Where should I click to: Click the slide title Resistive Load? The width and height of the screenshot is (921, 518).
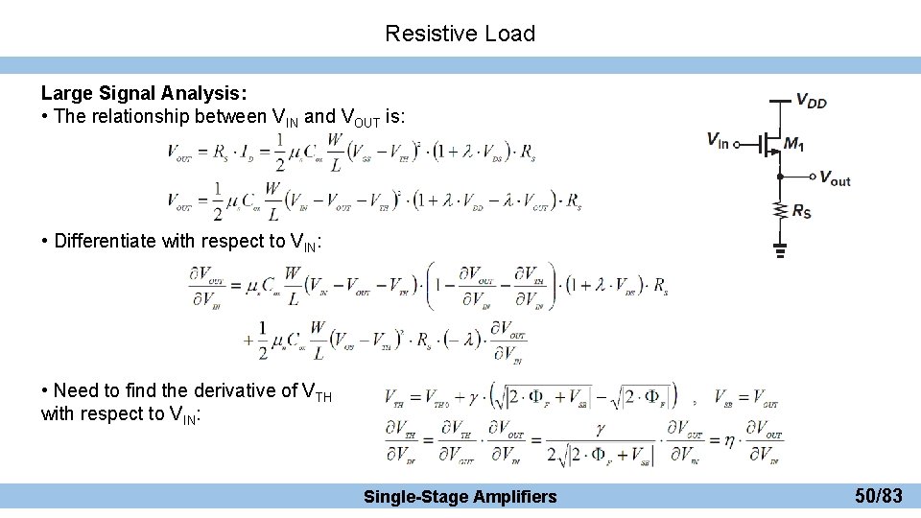click(x=460, y=34)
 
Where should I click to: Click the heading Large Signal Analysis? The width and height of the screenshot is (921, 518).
click(x=144, y=93)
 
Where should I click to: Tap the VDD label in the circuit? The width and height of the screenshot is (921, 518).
click(x=811, y=102)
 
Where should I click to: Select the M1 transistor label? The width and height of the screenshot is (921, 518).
click(x=793, y=144)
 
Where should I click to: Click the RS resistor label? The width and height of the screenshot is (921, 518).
click(x=801, y=211)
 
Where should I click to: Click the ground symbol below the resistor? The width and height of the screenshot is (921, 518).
click(x=780, y=251)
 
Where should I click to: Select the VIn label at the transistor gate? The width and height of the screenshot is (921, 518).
click(x=718, y=140)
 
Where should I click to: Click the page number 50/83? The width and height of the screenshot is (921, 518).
click(x=879, y=496)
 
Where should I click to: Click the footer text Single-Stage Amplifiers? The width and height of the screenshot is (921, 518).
click(x=460, y=496)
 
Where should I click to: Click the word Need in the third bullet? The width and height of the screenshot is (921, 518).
click(x=73, y=390)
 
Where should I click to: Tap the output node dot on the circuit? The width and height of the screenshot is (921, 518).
click(x=780, y=177)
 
